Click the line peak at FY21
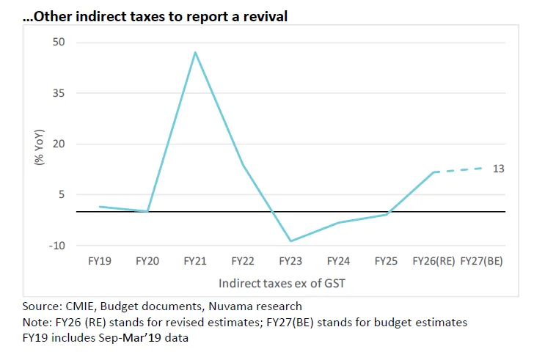tap(195, 52)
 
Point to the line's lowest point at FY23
tap(290, 241)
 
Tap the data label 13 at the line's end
tap(498, 169)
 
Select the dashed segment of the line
tap(458, 170)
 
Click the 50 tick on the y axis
tap(59, 43)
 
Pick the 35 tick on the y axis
tap(59, 93)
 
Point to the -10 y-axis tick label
tap(56, 245)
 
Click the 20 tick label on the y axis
tap(59, 144)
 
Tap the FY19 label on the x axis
tap(100, 262)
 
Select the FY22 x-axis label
tap(243, 262)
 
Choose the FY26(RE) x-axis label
tap(434, 262)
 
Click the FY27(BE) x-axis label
tap(481, 262)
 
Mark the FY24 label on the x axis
tap(338, 262)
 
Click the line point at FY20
tap(147, 211)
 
